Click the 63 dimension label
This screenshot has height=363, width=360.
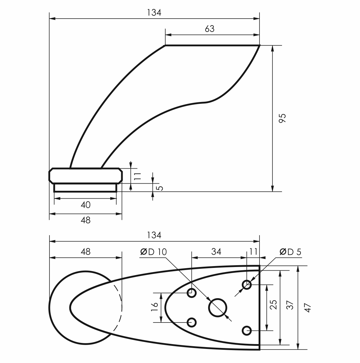point(209,29)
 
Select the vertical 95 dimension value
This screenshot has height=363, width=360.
point(282,118)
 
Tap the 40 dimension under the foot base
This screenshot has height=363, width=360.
point(85,205)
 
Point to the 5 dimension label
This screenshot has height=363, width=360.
point(160,188)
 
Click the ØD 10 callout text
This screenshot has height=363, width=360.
point(154,252)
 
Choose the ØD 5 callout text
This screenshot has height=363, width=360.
point(290,252)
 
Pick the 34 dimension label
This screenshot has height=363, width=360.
point(216,252)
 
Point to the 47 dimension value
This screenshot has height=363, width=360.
point(307,307)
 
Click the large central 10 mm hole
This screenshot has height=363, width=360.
point(217,307)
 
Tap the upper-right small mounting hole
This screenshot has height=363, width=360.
point(247,285)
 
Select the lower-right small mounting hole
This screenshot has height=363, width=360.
point(247,331)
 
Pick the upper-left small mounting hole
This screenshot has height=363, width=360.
point(192,293)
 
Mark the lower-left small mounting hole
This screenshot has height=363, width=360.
point(192,322)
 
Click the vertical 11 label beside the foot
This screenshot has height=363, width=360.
point(137,176)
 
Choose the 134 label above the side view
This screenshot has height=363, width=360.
point(154,13)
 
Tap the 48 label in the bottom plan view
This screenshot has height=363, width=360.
point(85,252)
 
